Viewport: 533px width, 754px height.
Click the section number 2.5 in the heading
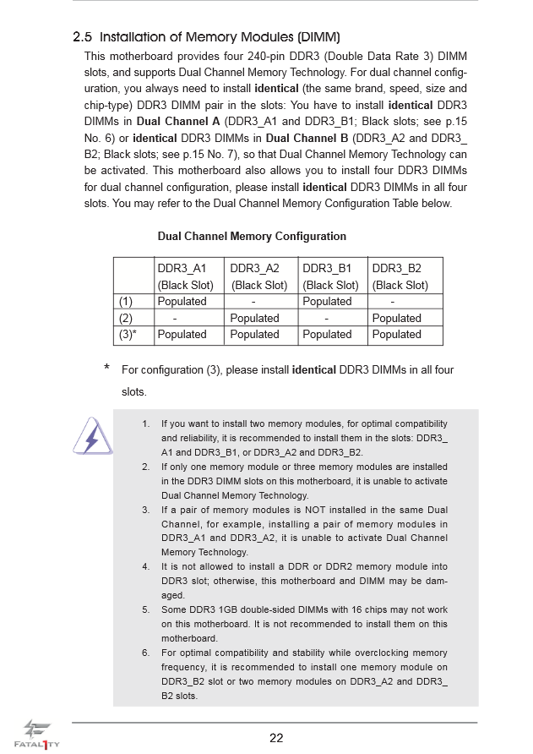point(82,37)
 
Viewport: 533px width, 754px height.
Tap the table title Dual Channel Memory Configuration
point(252,236)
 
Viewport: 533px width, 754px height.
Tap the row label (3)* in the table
point(128,334)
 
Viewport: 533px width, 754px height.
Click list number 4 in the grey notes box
point(145,566)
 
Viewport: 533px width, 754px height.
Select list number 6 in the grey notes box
point(145,653)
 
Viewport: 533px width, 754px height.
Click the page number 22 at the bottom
point(276,737)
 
